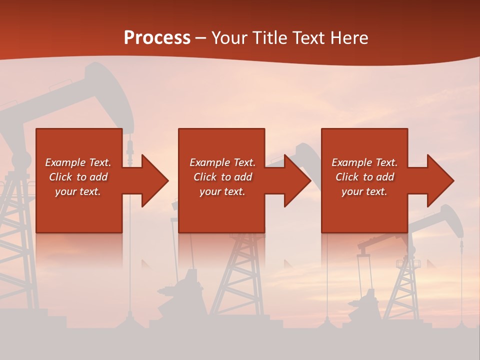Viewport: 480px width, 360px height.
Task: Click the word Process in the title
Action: pyautogui.click(x=157, y=38)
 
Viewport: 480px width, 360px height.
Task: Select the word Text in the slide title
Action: pyautogui.click(x=309, y=38)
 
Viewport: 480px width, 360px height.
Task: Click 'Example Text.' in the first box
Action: pyautogui.click(x=78, y=162)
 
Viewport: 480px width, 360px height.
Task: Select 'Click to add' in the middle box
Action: pyautogui.click(x=222, y=177)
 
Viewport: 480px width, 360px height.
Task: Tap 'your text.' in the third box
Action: pyautogui.click(x=364, y=191)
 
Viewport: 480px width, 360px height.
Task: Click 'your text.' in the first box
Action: pyautogui.click(x=78, y=191)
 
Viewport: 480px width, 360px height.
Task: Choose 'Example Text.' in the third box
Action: pyautogui.click(x=364, y=162)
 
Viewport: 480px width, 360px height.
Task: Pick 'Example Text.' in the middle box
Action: pyautogui.click(x=222, y=162)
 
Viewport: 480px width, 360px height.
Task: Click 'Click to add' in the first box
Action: pyautogui.click(x=78, y=177)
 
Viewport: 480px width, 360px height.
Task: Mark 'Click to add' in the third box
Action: pyautogui.click(x=364, y=177)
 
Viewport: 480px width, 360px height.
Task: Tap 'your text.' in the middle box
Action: pyautogui.click(x=222, y=191)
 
